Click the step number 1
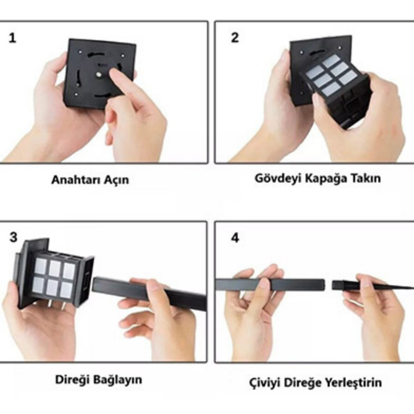click(x=12, y=38)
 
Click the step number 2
click(x=235, y=38)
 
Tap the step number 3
click(x=14, y=237)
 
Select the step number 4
click(x=235, y=238)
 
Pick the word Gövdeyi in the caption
click(x=278, y=178)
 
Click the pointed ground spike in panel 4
click(x=372, y=285)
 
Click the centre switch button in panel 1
click(x=99, y=75)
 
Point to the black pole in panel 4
click(x=270, y=285)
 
